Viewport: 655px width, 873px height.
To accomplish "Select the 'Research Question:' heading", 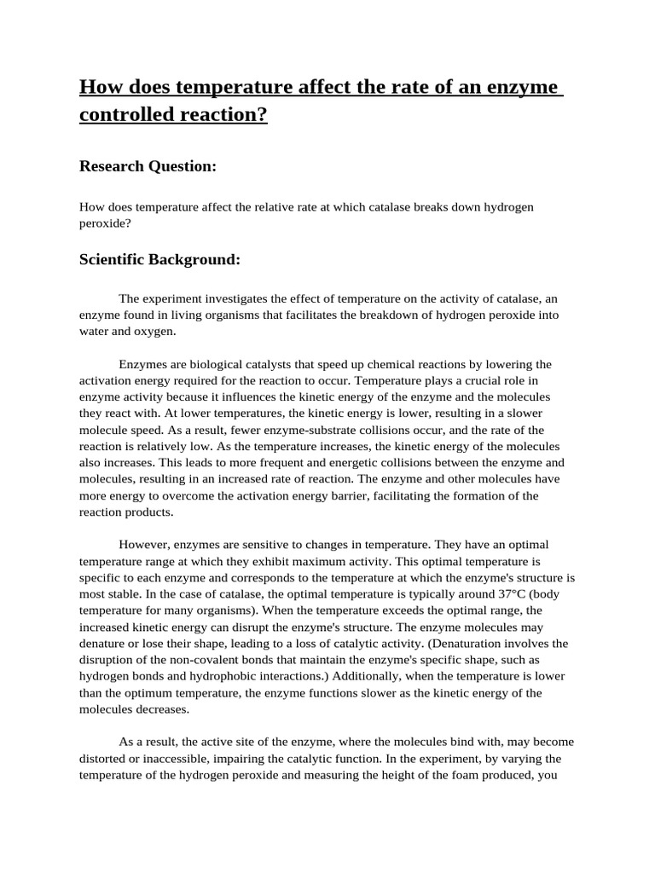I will [147, 166].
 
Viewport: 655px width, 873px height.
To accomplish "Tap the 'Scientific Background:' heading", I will [159, 259].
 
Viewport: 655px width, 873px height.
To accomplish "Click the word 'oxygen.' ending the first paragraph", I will [154, 331].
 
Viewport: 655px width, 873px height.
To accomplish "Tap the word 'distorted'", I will [104, 758].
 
